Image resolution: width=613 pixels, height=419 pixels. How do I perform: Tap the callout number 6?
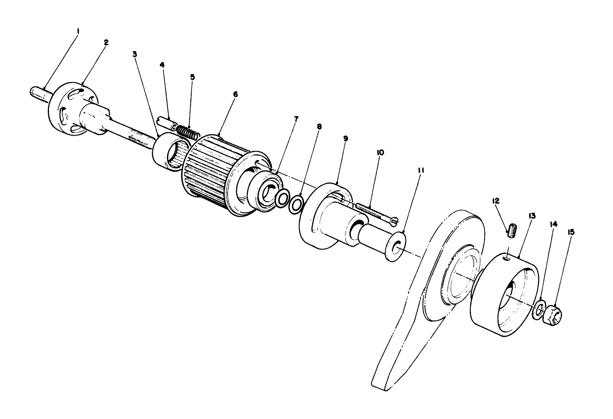(235, 95)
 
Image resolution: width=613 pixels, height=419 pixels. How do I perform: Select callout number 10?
(380, 153)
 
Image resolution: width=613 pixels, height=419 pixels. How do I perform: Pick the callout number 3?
(135, 54)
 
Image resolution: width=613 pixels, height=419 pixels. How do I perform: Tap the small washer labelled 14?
(539, 311)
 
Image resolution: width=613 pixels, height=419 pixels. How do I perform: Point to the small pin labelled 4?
(167, 122)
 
